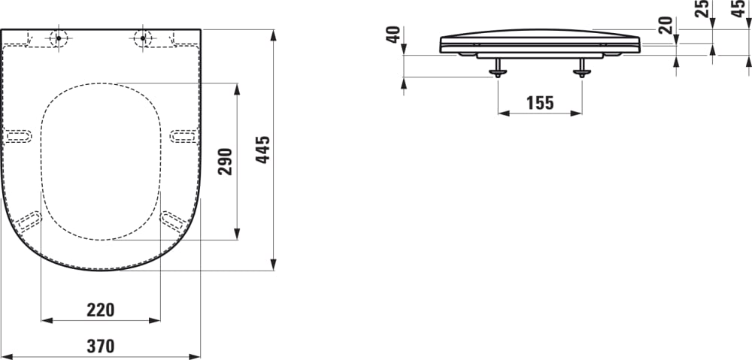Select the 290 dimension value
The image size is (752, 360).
[x=226, y=161]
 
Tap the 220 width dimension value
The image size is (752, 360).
[x=100, y=309]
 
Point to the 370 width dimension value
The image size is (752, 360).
[x=100, y=346]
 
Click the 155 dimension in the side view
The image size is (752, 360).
[x=539, y=103]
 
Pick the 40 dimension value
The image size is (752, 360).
[x=393, y=35]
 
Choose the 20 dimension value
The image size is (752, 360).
[x=665, y=25]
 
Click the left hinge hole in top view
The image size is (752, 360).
[x=58, y=38]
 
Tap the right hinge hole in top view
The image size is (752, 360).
[x=144, y=38]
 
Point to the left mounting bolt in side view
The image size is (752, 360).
[x=498, y=69]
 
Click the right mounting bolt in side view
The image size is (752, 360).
[x=581, y=69]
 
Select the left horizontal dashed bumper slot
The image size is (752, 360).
[x=19, y=135]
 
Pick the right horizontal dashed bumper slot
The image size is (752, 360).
[x=183, y=135]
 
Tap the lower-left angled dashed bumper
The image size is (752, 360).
[x=29, y=220]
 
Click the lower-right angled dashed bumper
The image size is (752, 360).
[x=174, y=220]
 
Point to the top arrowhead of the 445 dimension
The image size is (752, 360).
[x=274, y=35]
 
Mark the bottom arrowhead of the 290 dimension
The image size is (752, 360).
[x=238, y=234]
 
